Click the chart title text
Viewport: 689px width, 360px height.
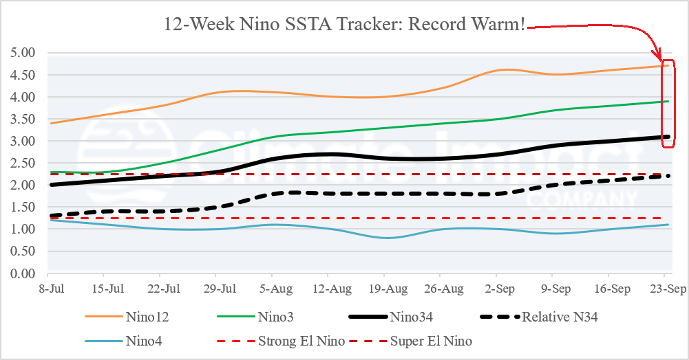pyautogui.click(x=344, y=24)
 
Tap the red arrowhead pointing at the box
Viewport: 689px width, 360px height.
pyautogui.click(x=657, y=56)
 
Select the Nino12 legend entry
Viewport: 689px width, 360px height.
pyautogui.click(x=127, y=317)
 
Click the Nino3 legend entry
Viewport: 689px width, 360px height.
pyautogui.click(x=255, y=317)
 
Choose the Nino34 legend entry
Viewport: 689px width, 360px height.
pyautogui.click(x=391, y=317)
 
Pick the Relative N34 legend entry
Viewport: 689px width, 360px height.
pyautogui.click(x=539, y=317)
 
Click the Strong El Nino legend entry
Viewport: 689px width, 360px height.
pyautogui.click(x=282, y=341)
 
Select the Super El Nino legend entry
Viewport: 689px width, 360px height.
pyautogui.click(x=410, y=341)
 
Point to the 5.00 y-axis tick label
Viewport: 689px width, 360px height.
pyautogui.click(x=23, y=53)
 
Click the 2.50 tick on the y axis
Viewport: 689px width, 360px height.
pyautogui.click(x=23, y=163)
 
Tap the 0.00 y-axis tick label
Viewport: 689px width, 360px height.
pyautogui.click(x=23, y=273)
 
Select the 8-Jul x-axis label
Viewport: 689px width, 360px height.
pyautogui.click(x=52, y=289)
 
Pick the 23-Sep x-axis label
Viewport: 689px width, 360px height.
pyautogui.click(x=668, y=289)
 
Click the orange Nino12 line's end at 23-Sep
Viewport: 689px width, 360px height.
pyautogui.click(x=668, y=66)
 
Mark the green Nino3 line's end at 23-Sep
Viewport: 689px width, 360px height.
pyautogui.click(x=668, y=101)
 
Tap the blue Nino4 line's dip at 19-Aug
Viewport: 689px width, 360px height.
pyautogui.click(x=386, y=238)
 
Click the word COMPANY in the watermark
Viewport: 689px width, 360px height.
pyautogui.click(x=582, y=199)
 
